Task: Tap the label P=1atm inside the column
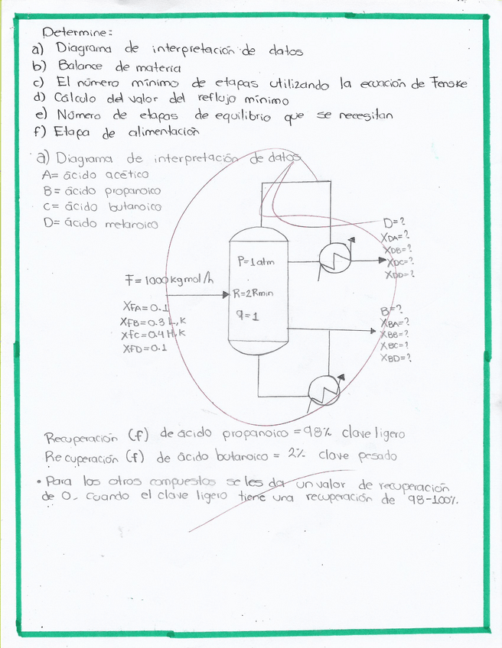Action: pyautogui.click(x=256, y=262)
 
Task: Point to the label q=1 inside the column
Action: pyautogui.click(x=247, y=316)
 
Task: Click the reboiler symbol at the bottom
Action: pyautogui.click(x=324, y=393)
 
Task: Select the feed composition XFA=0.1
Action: pyautogui.click(x=145, y=308)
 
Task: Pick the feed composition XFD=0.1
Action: pyautogui.click(x=145, y=348)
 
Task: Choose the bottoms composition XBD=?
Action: pyautogui.click(x=395, y=357)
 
